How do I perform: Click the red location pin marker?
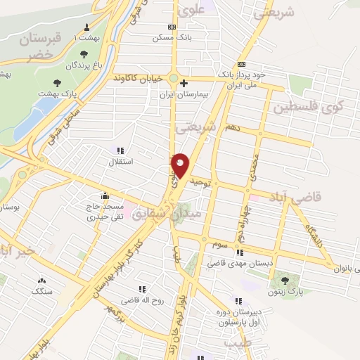(x=181, y=165)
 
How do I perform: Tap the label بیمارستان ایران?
(x=184, y=94)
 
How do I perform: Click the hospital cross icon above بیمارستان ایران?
(x=184, y=83)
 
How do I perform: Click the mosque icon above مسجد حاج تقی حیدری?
(x=105, y=196)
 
